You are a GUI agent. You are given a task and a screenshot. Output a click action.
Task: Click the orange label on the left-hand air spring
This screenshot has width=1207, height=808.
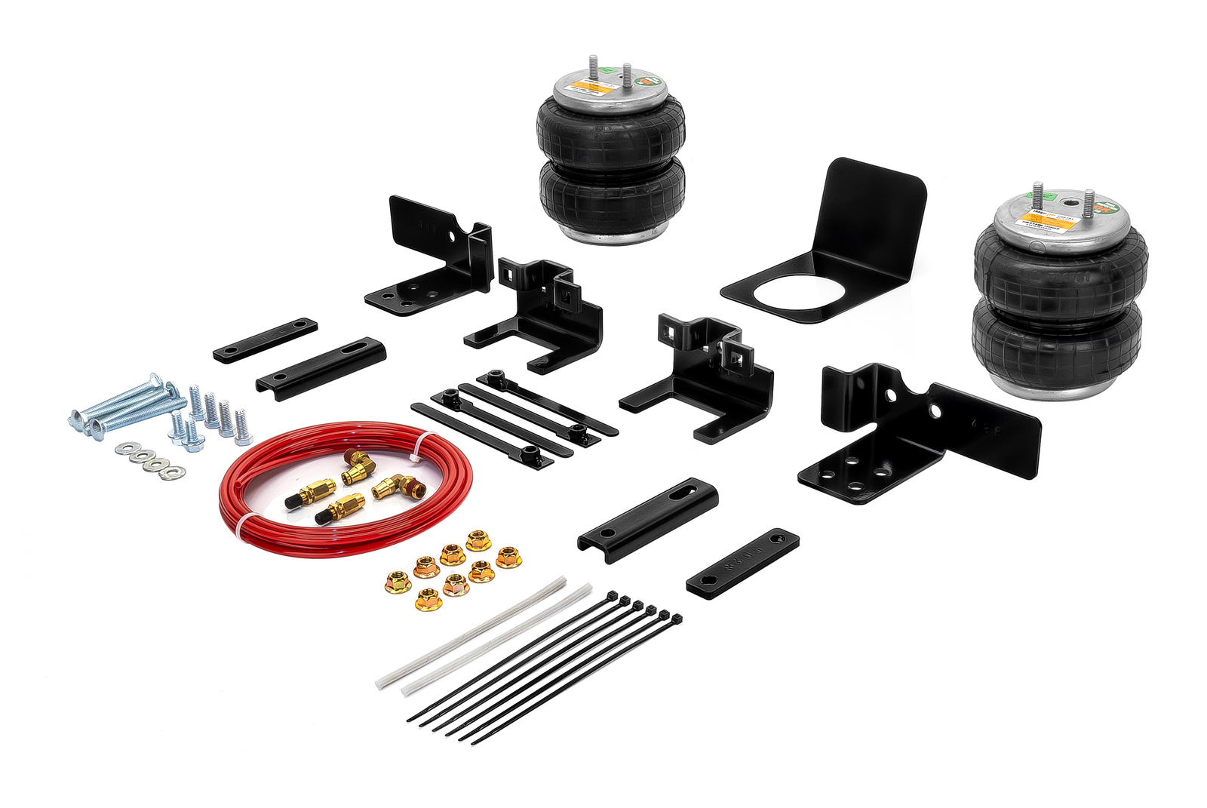pyautogui.click(x=591, y=85)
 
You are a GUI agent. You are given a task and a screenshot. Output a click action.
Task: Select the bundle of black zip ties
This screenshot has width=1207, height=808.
pyautogui.click(x=543, y=668)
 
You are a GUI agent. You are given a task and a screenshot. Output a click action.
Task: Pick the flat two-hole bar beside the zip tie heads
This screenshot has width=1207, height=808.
pyautogui.click(x=742, y=563)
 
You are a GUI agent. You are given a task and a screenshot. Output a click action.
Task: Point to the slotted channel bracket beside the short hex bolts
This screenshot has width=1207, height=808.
pyautogui.click(x=321, y=367)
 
